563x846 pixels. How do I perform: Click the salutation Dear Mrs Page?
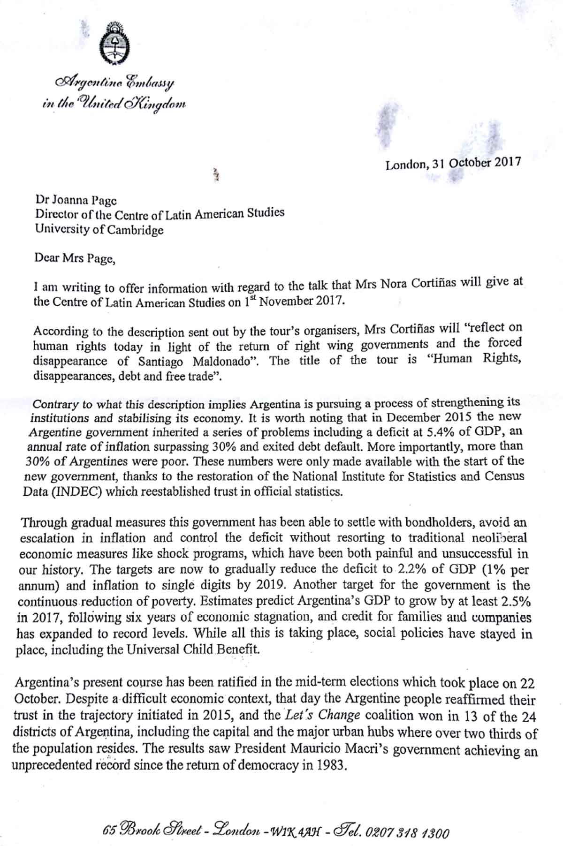[x=75, y=258]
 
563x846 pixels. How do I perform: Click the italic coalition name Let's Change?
[x=322, y=716]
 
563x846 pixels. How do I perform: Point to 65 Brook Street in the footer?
[x=154, y=831]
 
